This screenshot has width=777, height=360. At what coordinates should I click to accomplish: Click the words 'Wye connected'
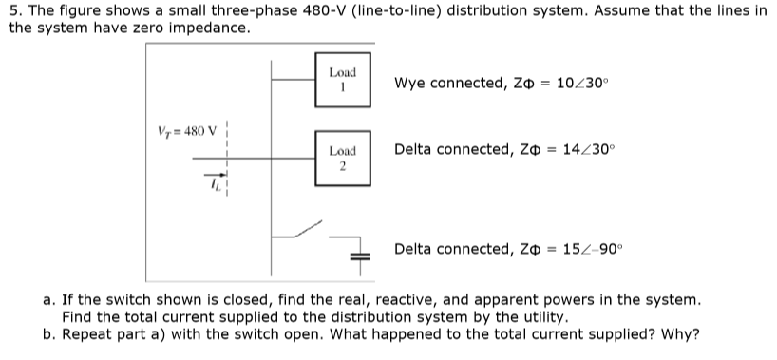point(443,83)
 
